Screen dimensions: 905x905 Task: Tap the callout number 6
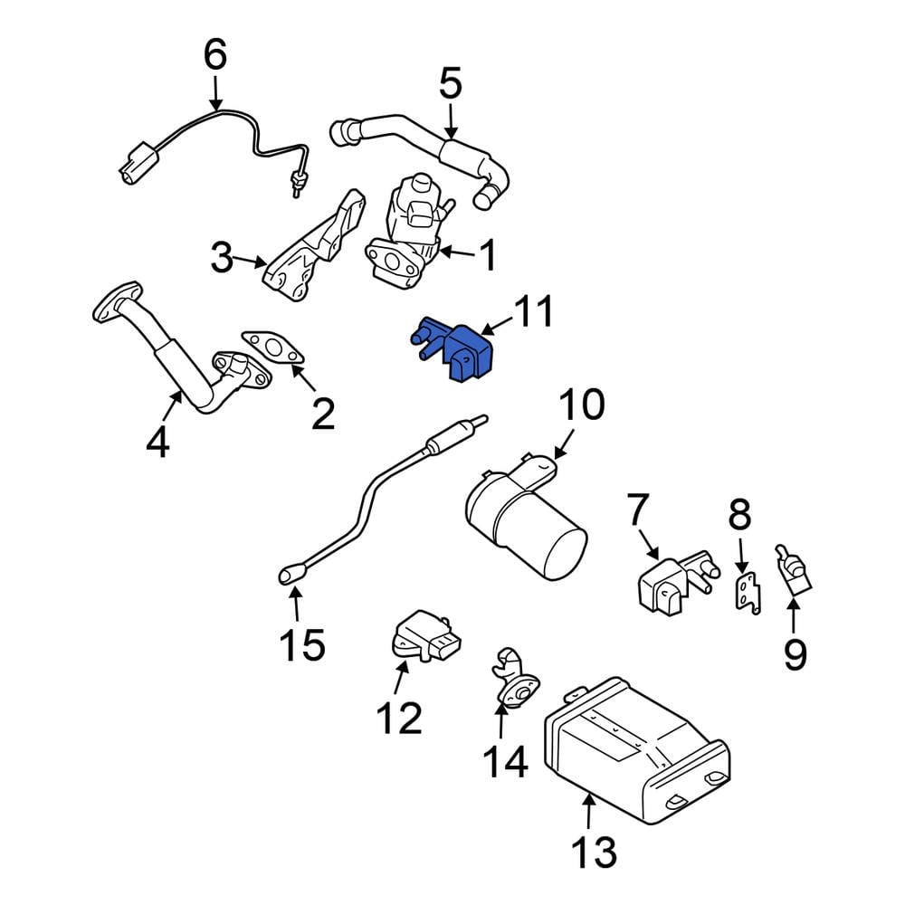214,54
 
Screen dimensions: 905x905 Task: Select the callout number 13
594,852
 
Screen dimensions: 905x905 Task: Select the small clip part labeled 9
793,571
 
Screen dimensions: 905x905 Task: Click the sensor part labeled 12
421,633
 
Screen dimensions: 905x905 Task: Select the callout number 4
157,443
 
